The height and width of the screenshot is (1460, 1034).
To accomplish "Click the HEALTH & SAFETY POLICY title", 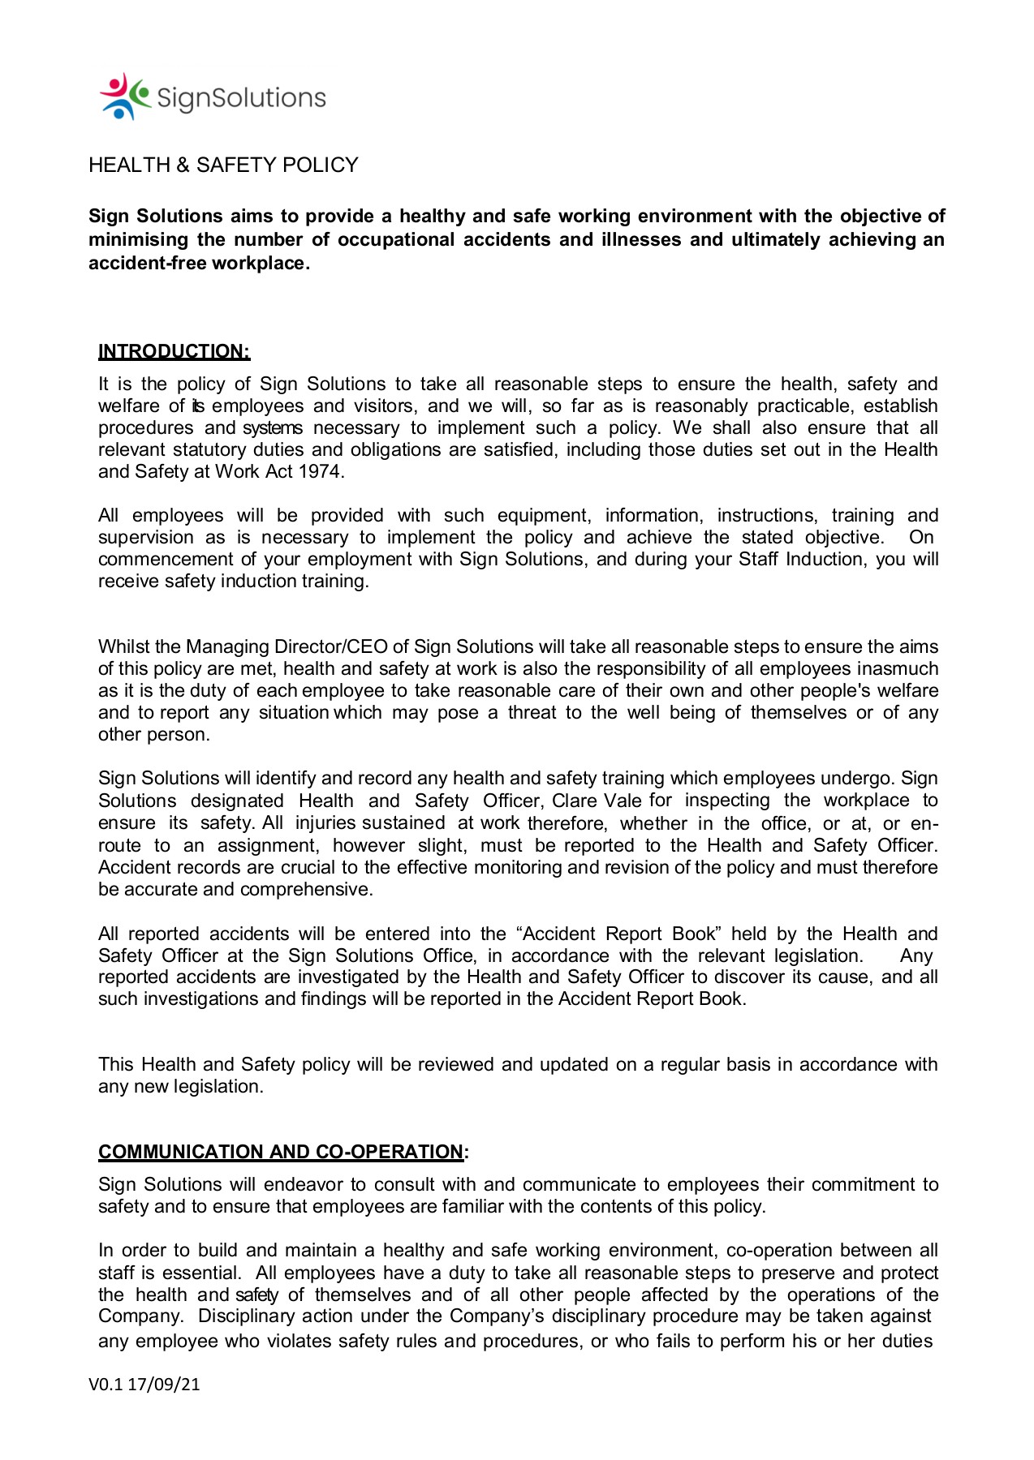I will [x=223, y=165].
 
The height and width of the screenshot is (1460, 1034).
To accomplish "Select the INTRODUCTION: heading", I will [x=174, y=351].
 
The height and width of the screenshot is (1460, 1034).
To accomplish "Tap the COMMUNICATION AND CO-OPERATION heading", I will [x=281, y=1152].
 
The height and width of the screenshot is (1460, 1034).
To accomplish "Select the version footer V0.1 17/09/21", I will [x=144, y=1384].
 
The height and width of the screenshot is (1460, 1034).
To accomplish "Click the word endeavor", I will [x=301, y=1184].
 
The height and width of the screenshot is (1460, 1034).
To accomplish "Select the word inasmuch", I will [x=898, y=668].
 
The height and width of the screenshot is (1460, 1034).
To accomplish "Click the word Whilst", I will [x=123, y=646].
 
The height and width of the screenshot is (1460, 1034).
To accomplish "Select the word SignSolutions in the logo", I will [x=241, y=98].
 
